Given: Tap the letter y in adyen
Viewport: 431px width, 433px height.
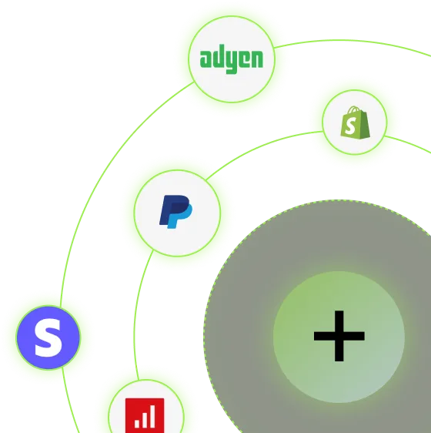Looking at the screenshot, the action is [232, 62].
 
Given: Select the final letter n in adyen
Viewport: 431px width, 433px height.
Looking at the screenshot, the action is [257, 59].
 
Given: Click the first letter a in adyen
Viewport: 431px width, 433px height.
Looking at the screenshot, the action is [205, 59].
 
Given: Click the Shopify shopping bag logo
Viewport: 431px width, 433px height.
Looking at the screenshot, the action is [356, 123].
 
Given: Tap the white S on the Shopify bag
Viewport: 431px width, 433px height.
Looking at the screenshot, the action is [351, 126].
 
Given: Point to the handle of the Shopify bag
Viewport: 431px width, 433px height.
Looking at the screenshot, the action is [354, 110].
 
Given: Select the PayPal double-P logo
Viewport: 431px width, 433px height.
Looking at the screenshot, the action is [175, 212].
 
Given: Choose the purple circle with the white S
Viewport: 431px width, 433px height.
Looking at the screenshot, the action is [48, 337].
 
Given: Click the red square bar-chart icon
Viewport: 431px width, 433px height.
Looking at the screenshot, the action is [145, 415].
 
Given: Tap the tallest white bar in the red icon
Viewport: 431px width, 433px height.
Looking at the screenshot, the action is [152, 418].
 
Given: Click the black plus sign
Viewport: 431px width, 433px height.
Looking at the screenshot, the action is [339, 336].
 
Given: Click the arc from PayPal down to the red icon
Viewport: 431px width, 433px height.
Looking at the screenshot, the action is [137, 315].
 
